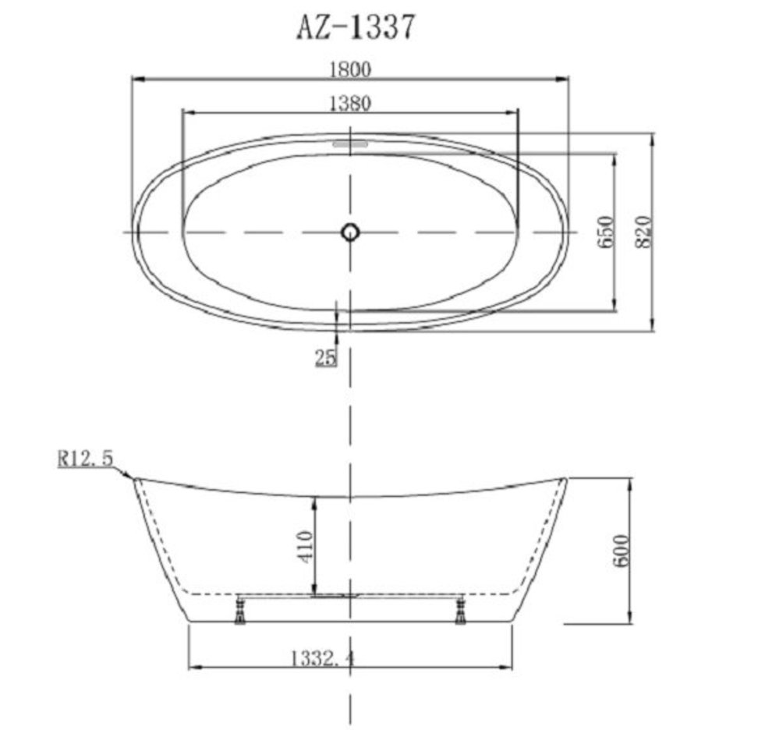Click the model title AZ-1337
(356, 27)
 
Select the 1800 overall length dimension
(350, 69)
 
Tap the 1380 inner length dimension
(350, 104)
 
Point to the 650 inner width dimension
(606, 232)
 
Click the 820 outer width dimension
(643, 232)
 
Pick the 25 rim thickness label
(325, 358)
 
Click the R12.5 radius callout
(86, 458)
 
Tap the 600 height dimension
(622, 551)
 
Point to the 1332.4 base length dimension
(322, 658)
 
